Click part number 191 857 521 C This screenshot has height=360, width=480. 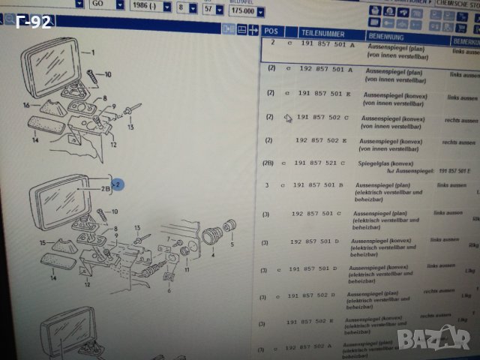319,163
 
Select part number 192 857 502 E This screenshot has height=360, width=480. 322,140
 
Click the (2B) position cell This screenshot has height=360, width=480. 268,162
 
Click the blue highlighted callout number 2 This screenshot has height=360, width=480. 118,182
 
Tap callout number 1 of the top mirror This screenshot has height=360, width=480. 93,52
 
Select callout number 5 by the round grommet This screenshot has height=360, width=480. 232,244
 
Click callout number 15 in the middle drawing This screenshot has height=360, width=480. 43,241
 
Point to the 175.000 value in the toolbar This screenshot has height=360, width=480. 241,12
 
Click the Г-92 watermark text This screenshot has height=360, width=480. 32,22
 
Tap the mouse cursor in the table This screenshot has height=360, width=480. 287,118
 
